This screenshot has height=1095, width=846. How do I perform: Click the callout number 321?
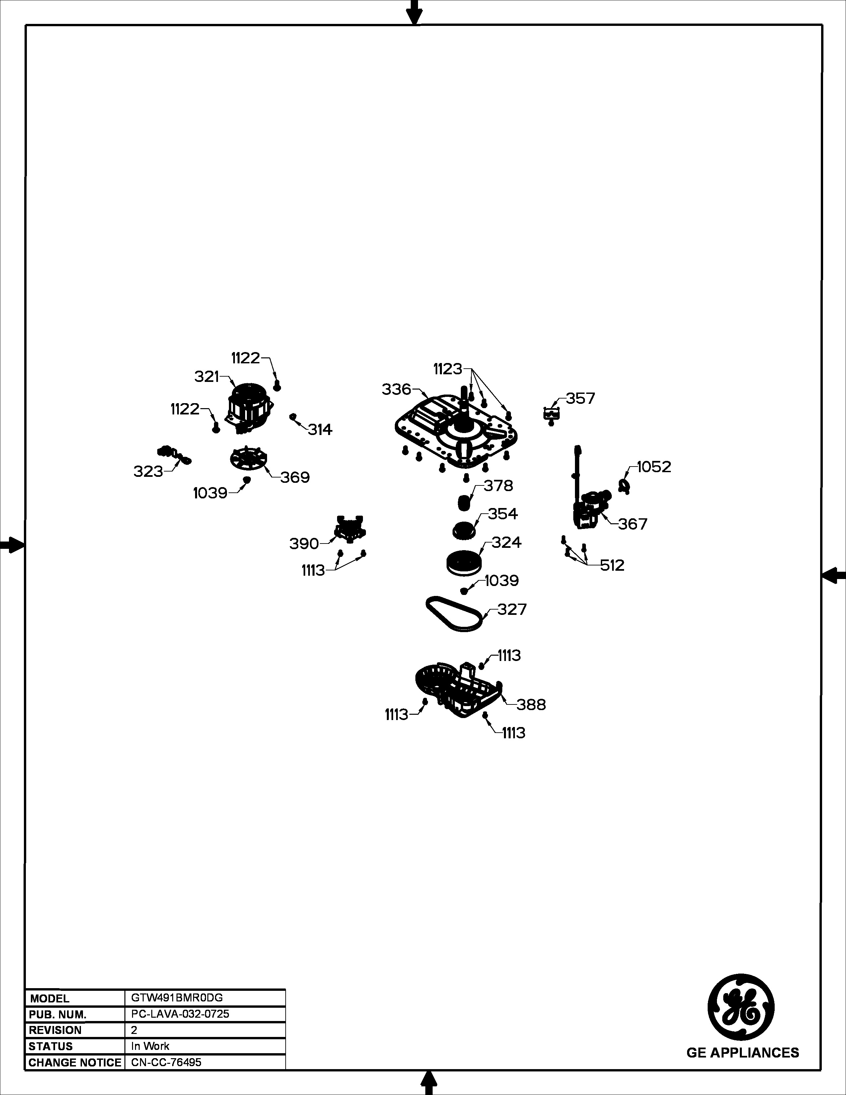207,377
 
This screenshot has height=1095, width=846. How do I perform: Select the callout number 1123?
448,369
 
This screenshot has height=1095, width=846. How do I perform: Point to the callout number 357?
580,399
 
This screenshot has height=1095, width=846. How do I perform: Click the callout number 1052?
654,467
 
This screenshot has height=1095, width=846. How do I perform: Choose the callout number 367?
632,524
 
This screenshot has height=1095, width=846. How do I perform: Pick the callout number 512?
612,565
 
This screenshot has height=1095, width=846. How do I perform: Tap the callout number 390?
304,544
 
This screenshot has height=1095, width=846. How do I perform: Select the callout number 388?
531,704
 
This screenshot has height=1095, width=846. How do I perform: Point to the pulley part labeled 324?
463,562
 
